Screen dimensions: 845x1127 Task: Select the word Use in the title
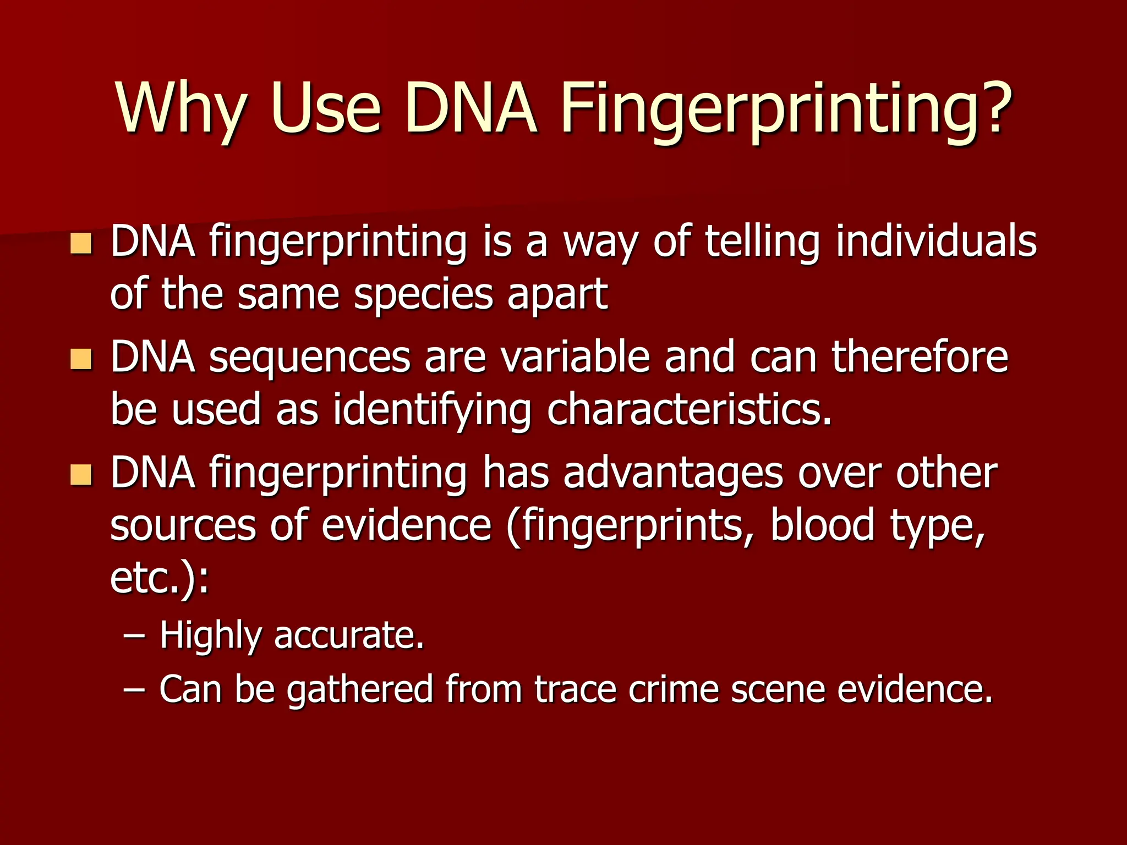click(325, 108)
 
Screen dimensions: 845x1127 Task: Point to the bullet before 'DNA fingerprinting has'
click(81, 474)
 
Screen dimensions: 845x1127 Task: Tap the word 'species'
click(423, 294)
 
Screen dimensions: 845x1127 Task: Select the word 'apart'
click(557, 294)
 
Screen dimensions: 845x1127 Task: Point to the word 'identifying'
click(433, 410)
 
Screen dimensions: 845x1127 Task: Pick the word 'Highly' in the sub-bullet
click(210, 636)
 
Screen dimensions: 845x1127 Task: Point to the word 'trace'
click(575, 689)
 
